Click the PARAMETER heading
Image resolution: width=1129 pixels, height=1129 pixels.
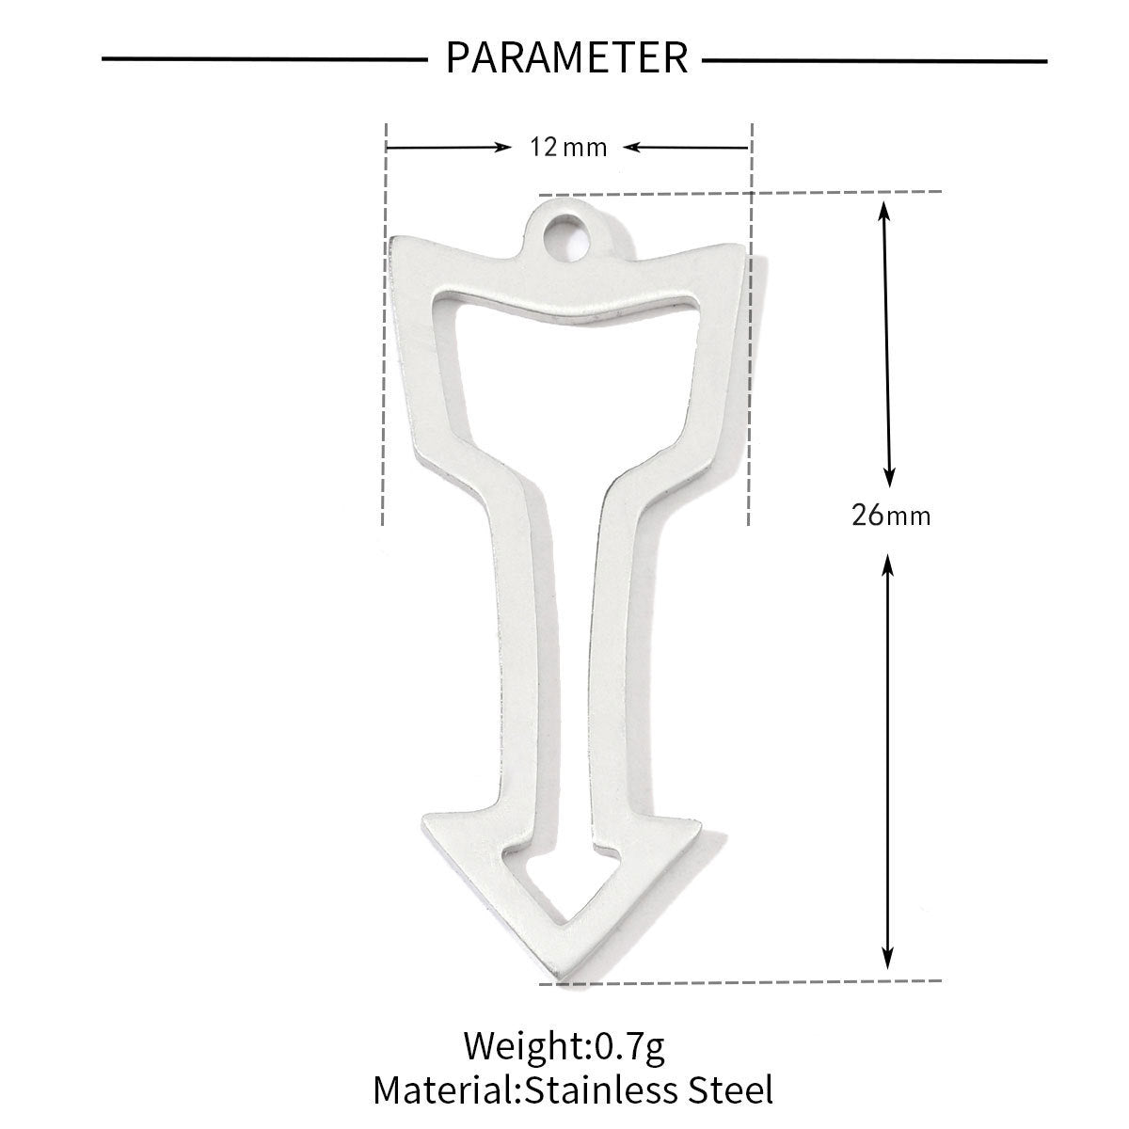[566, 57]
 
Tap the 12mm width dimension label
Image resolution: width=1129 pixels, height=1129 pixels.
[568, 147]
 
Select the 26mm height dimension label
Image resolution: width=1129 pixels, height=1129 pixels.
[891, 516]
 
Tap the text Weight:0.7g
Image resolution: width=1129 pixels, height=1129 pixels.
[564, 1045]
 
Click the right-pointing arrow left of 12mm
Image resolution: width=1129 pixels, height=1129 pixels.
[449, 147]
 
